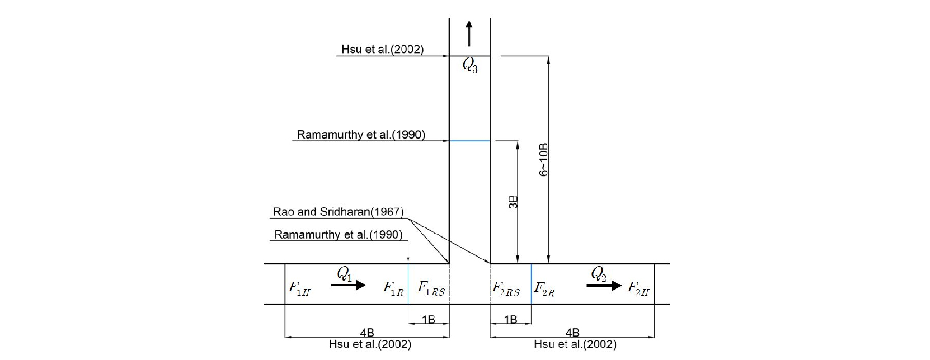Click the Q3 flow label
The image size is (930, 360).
(x=470, y=66)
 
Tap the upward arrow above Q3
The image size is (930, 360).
(x=469, y=33)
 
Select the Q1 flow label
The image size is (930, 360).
(x=344, y=274)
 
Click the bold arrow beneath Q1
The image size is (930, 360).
(x=348, y=285)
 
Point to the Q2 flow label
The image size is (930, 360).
(x=598, y=274)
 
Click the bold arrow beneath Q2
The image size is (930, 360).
(x=604, y=285)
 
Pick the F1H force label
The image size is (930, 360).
(x=299, y=288)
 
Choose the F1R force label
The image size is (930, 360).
(x=393, y=288)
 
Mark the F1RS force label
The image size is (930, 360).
(x=431, y=288)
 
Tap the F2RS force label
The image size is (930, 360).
(x=506, y=289)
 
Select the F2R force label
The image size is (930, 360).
(x=544, y=289)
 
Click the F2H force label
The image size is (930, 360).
(x=638, y=288)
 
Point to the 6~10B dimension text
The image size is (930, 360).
(x=543, y=159)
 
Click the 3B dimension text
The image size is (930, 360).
(x=513, y=202)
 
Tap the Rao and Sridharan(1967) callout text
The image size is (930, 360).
(x=338, y=212)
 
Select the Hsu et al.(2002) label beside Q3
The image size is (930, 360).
(x=383, y=49)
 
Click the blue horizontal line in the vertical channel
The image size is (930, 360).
(x=470, y=141)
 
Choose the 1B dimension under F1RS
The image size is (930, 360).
(x=428, y=319)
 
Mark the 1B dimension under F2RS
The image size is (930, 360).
(x=510, y=319)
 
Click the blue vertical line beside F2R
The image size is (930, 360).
(x=531, y=284)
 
